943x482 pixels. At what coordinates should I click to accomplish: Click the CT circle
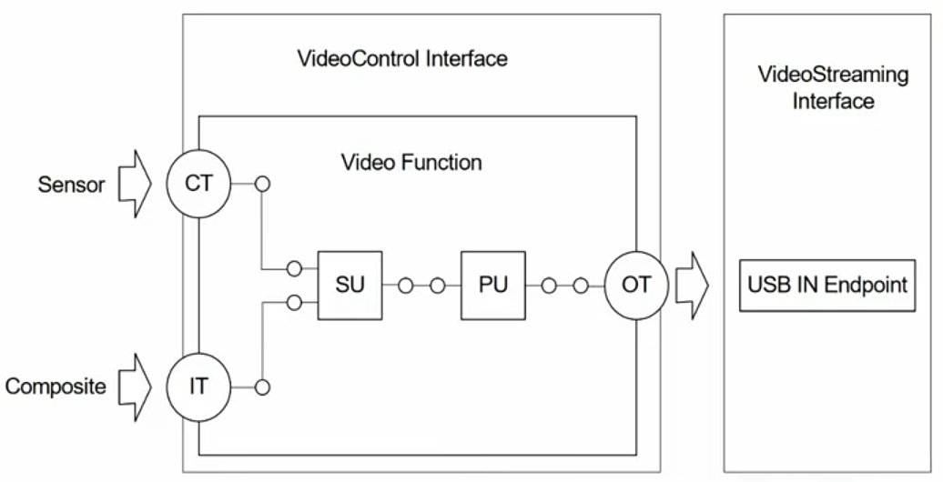pyautogui.click(x=198, y=184)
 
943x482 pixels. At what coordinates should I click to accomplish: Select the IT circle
pyautogui.click(x=198, y=386)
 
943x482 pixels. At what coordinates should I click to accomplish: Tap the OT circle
pyautogui.click(x=635, y=285)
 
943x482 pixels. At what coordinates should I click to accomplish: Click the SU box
pyautogui.click(x=350, y=285)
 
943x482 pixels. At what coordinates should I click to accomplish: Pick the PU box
pyautogui.click(x=492, y=285)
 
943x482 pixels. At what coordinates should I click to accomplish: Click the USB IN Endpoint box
pyautogui.click(x=826, y=285)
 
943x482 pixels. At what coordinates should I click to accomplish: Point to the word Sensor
pyautogui.click(x=71, y=185)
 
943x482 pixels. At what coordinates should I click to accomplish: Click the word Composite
pyautogui.click(x=56, y=387)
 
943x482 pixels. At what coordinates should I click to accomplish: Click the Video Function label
pyautogui.click(x=411, y=163)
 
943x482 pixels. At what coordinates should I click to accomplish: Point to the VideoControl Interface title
pyautogui.click(x=402, y=59)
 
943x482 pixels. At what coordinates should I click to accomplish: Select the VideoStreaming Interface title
pyautogui.click(x=833, y=87)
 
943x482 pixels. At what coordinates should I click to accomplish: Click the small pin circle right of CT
pyautogui.click(x=262, y=184)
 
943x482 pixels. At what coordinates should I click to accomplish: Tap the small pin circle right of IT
pyautogui.click(x=262, y=387)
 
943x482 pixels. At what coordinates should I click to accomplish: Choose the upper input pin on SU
pyautogui.click(x=294, y=268)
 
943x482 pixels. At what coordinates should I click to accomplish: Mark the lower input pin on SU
pyautogui.click(x=294, y=302)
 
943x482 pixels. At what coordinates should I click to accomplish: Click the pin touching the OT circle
pyautogui.click(x=581, y=286)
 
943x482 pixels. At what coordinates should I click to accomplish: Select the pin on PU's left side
pyautogui.click(x=438, y=286)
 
